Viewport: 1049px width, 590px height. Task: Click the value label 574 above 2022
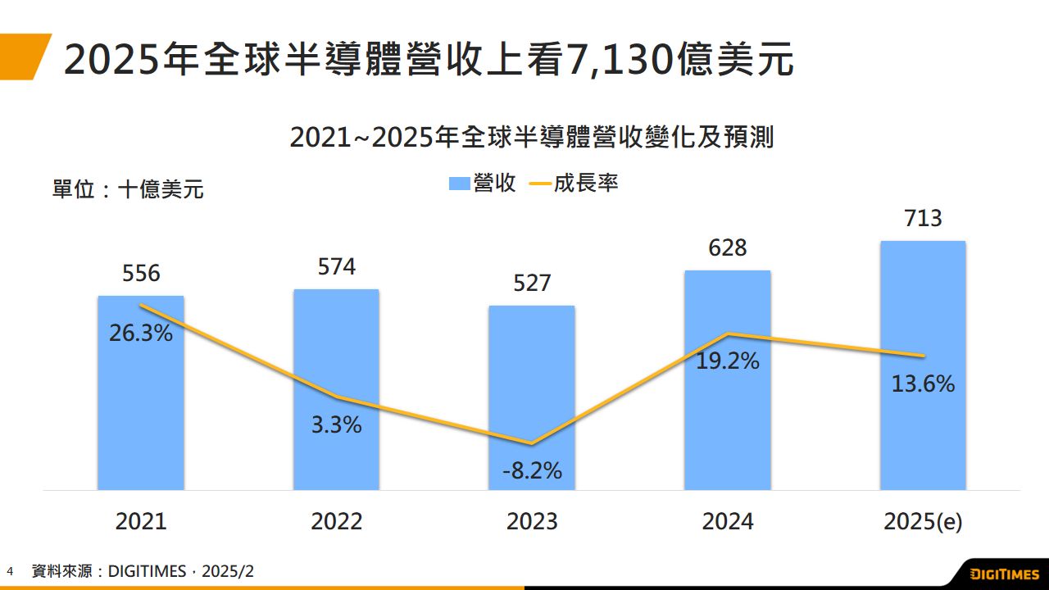336,266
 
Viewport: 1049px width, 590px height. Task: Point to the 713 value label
923,219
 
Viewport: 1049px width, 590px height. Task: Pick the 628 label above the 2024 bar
728,247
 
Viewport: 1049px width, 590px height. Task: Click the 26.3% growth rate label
141,334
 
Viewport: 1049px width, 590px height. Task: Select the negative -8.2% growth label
532,470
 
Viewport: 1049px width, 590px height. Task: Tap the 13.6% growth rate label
924,383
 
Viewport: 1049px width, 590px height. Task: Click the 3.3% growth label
336,425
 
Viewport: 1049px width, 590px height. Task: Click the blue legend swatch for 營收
459,184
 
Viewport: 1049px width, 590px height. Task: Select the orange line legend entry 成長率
574,184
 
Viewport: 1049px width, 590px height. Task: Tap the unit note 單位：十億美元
129,190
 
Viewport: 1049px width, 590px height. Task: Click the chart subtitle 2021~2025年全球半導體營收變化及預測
532,138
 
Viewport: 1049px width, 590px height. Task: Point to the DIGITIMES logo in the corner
1004,573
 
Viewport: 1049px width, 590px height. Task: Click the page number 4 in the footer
11,571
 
